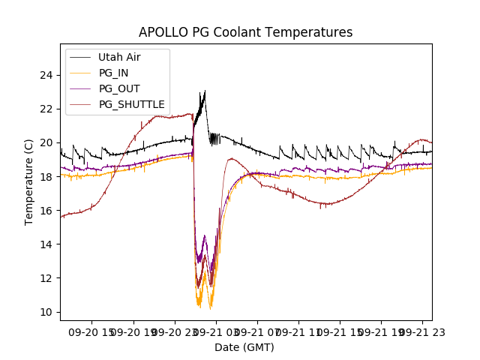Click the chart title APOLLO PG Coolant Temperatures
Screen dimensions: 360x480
(x=245, y=32)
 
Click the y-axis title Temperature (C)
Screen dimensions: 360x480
(x=29, y=182)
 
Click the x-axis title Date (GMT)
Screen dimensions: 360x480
(x=244, y=347)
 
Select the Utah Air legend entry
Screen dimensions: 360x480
(x=119, y=57)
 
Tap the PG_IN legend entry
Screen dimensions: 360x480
(x=114, y=73)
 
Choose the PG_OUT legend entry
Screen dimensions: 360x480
(x=119, y=88)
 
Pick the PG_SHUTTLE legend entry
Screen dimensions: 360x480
(x=131, y=104)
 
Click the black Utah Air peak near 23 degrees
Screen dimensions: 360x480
(x=205, y=91)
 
